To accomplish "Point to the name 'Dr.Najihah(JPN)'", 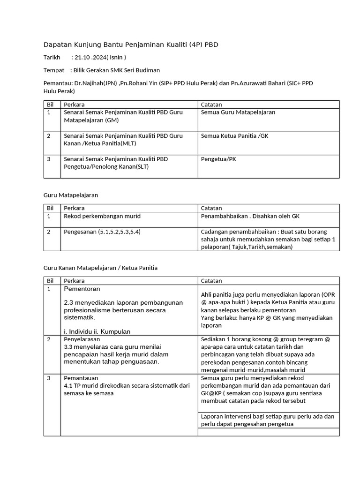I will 95,83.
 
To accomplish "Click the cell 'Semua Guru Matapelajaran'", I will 238,112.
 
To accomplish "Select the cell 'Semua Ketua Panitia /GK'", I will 234,136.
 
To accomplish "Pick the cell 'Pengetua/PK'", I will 218,159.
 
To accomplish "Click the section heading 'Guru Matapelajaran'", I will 71,195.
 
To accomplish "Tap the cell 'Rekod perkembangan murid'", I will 102,216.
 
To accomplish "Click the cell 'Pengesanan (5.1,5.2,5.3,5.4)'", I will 102,232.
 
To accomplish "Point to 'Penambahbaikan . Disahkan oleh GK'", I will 250,216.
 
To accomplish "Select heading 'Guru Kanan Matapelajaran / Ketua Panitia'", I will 100,268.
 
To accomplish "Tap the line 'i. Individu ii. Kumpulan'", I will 97,331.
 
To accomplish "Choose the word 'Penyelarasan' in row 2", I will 82,339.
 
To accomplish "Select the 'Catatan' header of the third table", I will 211,281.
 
